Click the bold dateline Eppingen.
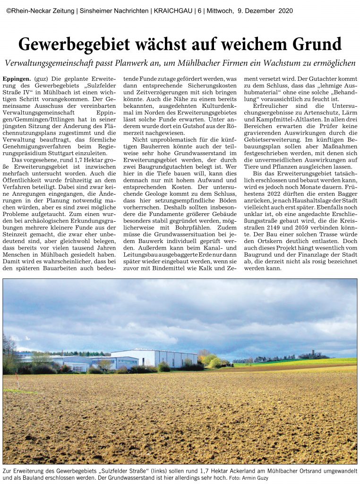(x=17, y=78)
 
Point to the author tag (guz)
(x=41, y=78)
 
